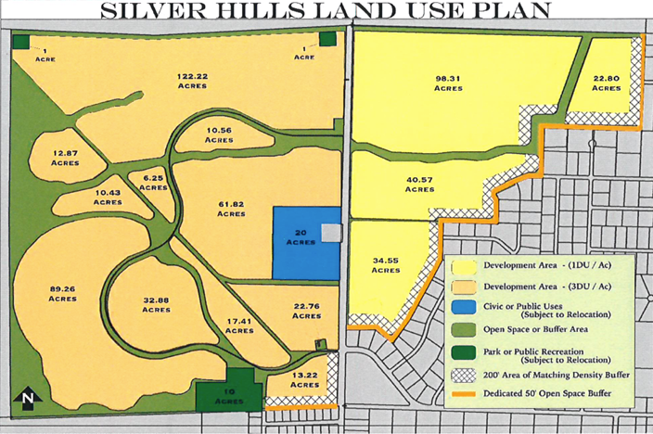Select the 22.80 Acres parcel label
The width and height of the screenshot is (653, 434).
coord(608,82)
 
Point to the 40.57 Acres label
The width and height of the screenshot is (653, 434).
coord(420,184)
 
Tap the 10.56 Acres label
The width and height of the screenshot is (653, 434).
coord(220,134)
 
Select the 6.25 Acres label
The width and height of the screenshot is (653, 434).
coord(153,182)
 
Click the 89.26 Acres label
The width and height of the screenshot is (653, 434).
coord(63,292)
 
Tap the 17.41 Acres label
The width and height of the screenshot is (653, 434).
coord(238,325)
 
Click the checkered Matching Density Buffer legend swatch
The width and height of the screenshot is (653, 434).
coord(462,377)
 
